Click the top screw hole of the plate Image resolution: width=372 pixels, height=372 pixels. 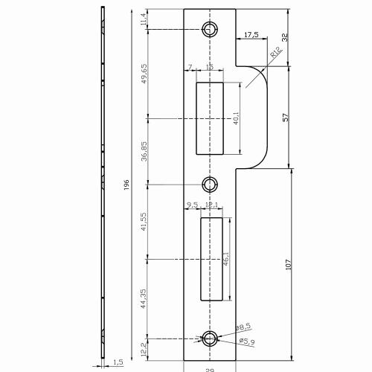[211, 29]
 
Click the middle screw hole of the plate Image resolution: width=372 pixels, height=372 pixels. [211, 184]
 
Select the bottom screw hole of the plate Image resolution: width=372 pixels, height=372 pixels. [211, 339]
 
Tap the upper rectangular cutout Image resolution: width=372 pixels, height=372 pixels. [209, 118]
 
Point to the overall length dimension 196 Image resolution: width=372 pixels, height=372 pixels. [127, 184]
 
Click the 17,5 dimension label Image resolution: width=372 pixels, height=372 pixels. [251, 35]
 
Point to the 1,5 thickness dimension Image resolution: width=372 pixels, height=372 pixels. [117, 362]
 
